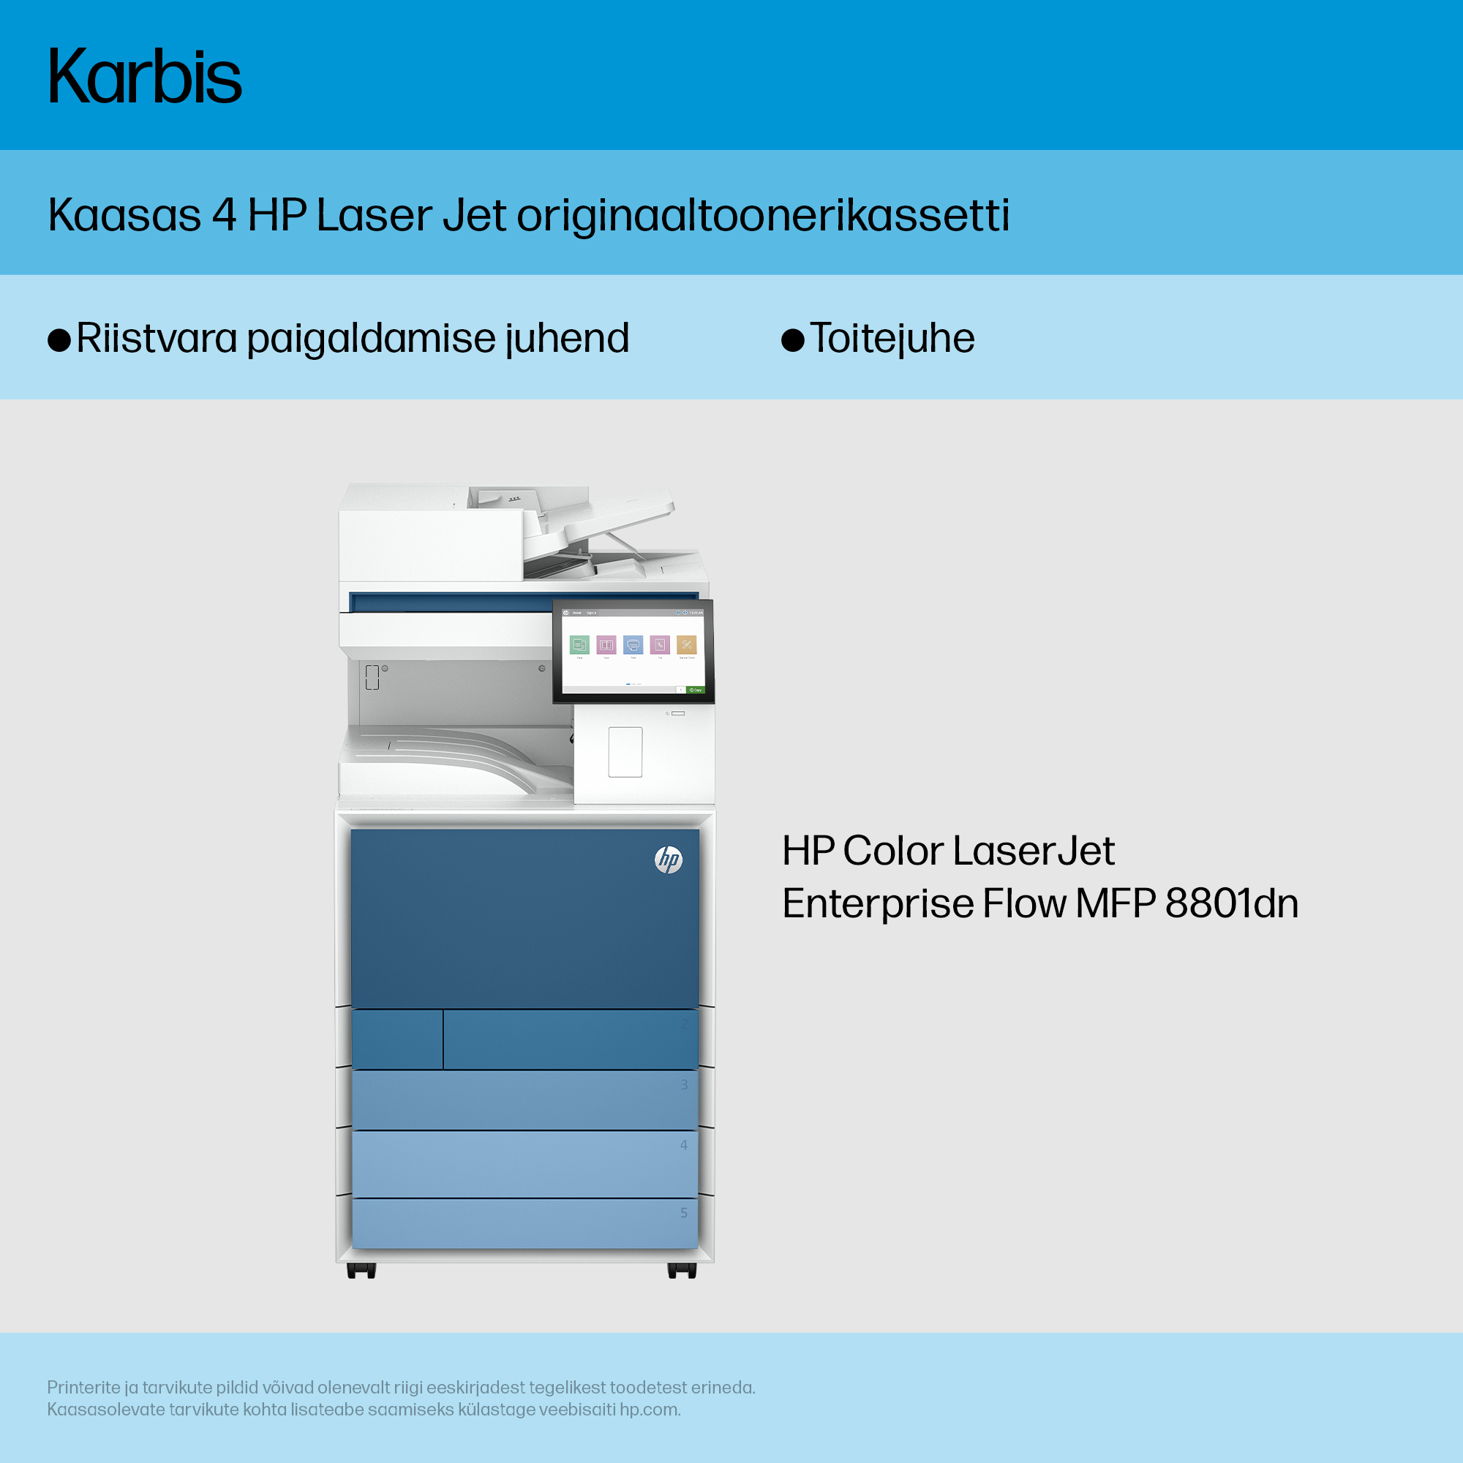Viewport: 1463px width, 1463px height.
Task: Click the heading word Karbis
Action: tap(145, 76)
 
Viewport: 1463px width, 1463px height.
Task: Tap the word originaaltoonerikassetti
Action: tap(763, 216)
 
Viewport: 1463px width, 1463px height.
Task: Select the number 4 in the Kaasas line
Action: tap(224, 214)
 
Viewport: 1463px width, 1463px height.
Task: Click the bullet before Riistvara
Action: tap(59, 340)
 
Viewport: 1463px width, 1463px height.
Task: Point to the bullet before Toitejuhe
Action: tap(793, 340)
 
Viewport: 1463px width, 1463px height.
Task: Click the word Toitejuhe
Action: tap(892, 338)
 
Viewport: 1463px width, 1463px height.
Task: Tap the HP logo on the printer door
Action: tap(668, 860)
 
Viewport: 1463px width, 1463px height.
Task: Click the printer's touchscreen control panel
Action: tap(633, 651)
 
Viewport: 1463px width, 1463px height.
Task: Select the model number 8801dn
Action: tap(1232, 903)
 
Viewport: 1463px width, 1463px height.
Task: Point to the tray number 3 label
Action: tap(684, 1085)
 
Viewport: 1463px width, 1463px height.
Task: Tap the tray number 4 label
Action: tap(684, 1145)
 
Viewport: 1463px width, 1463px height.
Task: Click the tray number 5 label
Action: tap(684, 1212)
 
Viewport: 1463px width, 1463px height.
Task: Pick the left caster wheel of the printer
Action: tap(361, 1271)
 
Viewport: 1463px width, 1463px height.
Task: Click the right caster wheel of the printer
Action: tap(682, 1271)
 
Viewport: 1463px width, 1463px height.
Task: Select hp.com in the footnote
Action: tap(650, 1410)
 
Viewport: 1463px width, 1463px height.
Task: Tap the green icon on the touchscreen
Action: tap(579, 644)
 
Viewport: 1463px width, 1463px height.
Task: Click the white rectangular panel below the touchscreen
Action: tap(625, 752)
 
